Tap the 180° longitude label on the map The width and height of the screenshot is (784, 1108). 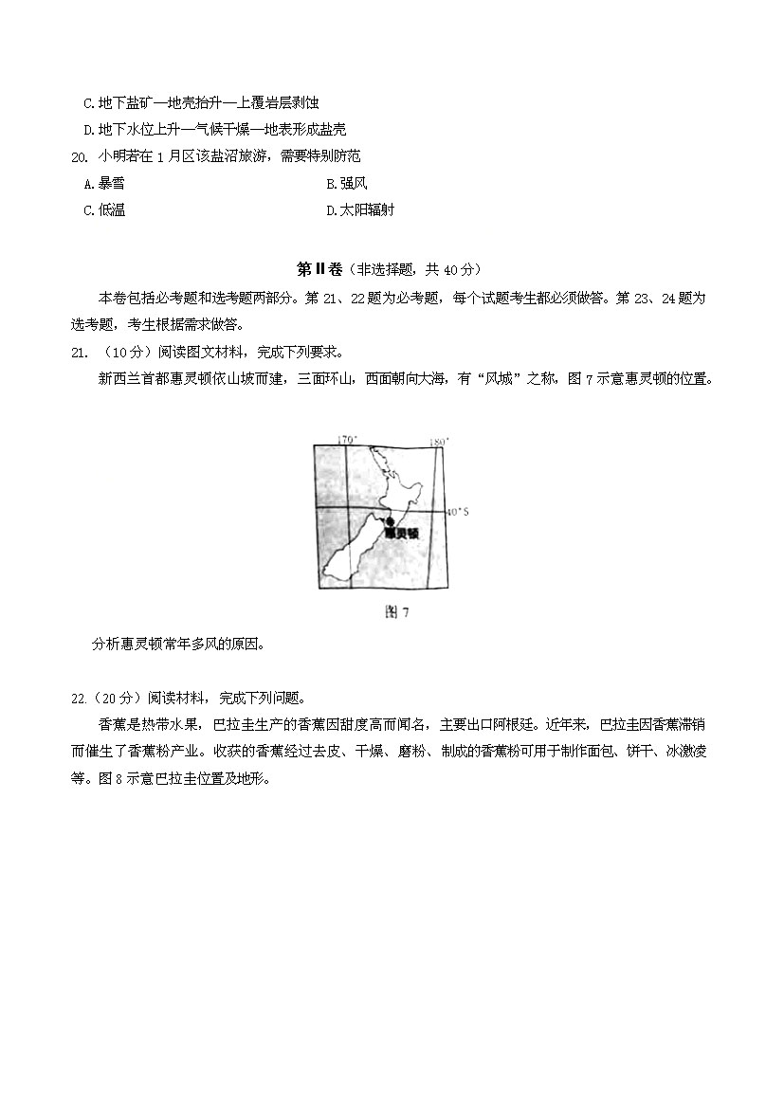coord(437,441)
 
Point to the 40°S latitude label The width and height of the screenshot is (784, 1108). coord(458,512)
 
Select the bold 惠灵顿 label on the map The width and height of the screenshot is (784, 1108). coord(402,534)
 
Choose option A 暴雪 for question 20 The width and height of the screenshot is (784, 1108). coord(104,183)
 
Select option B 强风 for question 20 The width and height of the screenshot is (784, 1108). coord(346,183)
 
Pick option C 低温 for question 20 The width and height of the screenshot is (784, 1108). coord(104,210)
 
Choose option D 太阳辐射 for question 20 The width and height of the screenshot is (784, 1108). coord(360,210)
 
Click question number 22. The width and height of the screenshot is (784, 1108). coord(79,699)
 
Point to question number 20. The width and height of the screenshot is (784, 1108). coord(79,156)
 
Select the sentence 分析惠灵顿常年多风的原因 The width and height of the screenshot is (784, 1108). coord(177,645)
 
